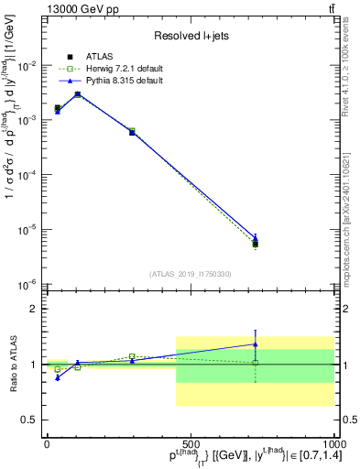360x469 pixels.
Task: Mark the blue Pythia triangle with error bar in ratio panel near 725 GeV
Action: click(256, 344)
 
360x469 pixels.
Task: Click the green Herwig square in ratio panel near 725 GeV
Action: click(256, 363)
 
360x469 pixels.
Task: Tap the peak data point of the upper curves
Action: click(78, 93)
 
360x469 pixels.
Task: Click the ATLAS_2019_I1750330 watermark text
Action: click(190, 274)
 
